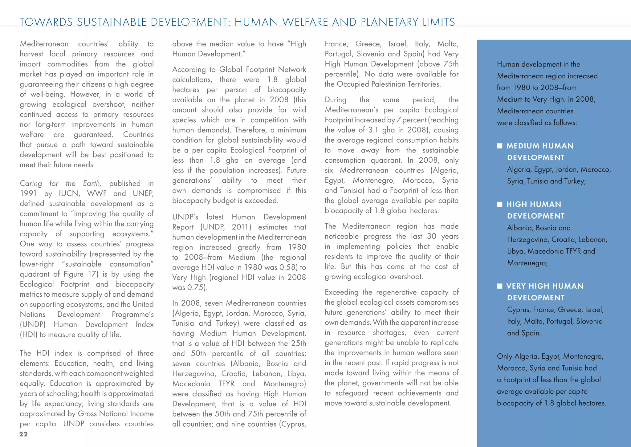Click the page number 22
[23, 434]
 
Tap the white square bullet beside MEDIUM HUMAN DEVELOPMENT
[500, 146]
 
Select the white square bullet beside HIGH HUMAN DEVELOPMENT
[500, 204]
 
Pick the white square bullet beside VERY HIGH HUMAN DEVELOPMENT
[500, 286]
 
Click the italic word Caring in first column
[31, 184]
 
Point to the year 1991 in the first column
[28, 193]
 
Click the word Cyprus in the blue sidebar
[518, 310]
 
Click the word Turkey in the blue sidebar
[574, 181]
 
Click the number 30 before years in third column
[431, 236]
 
